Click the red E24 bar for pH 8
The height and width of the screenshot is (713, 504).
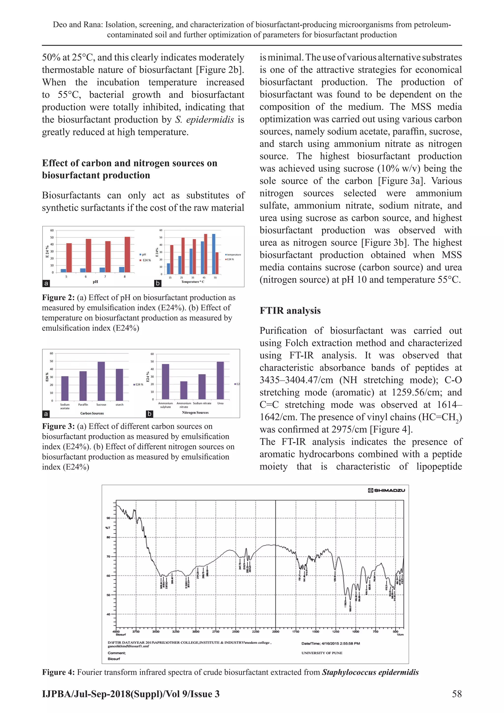click(x=127, y=255)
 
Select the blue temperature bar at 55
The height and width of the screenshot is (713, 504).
click(x=214, y=254)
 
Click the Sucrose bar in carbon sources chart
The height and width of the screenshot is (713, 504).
click(x=101, y=381)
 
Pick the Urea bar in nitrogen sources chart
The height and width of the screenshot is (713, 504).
click(x=220, y=381)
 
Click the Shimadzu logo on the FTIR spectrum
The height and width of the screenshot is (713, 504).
click(x=386, y=490)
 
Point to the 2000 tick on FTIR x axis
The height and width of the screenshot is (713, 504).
click(x=276, y=631)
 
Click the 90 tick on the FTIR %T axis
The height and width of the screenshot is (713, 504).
click(x=108, y=518)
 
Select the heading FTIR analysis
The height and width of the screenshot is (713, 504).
click(x=290, y=311)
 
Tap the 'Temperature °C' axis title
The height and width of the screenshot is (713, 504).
click(x=193, y=282)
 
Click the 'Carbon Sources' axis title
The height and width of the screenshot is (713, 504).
click(x=92, y=413)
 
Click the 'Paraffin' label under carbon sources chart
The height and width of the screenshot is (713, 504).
click(x=83, y=405)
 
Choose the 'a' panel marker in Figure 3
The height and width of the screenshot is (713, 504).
click(x=46, y=414)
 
